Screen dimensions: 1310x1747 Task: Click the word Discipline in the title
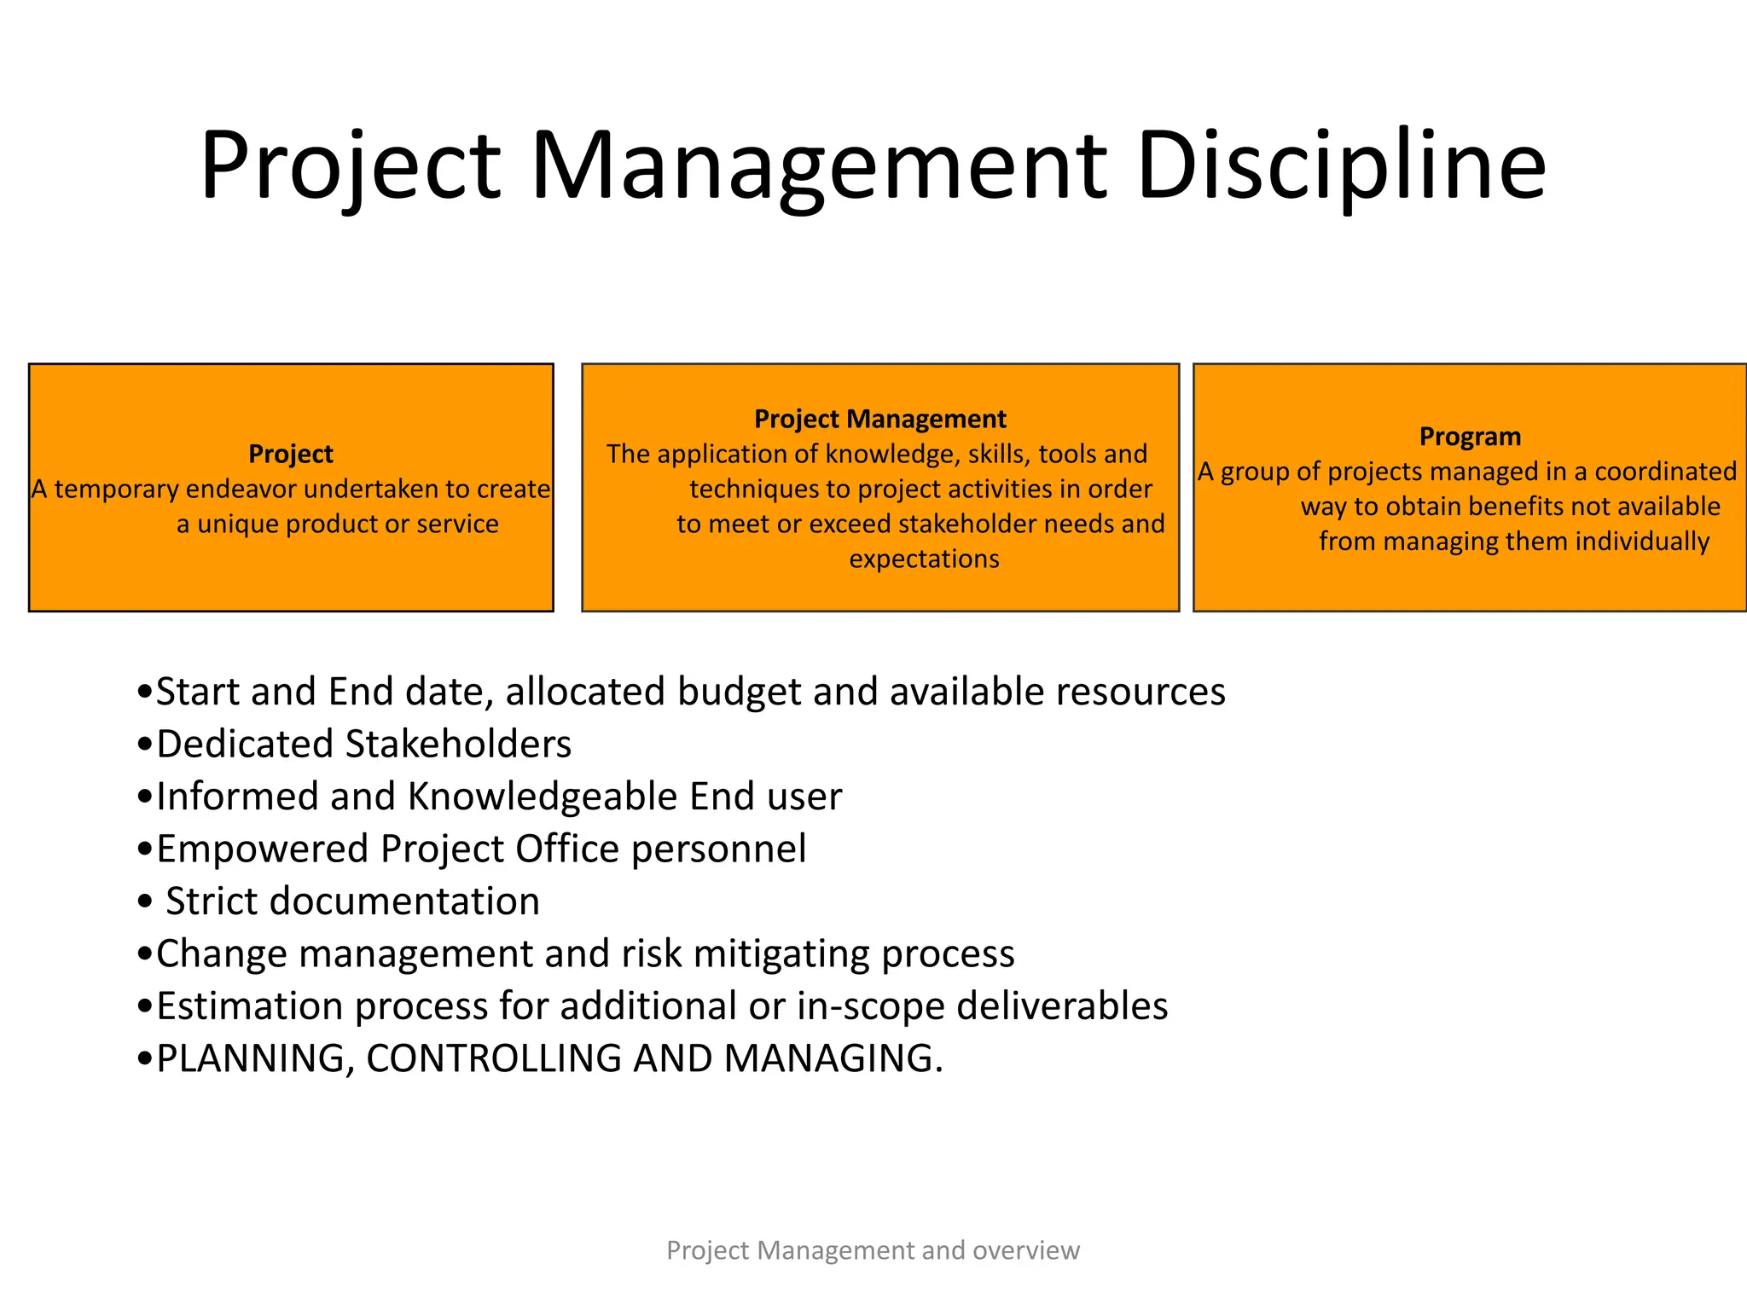1341,165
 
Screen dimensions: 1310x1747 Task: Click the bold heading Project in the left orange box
290,454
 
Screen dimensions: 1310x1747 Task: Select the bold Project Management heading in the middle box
879,419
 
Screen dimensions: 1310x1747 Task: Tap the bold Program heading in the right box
1470,437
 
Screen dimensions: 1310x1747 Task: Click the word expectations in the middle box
924,559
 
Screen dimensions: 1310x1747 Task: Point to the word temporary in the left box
117,490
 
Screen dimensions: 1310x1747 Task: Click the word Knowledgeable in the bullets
543,797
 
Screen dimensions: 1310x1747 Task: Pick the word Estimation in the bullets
249,1006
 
